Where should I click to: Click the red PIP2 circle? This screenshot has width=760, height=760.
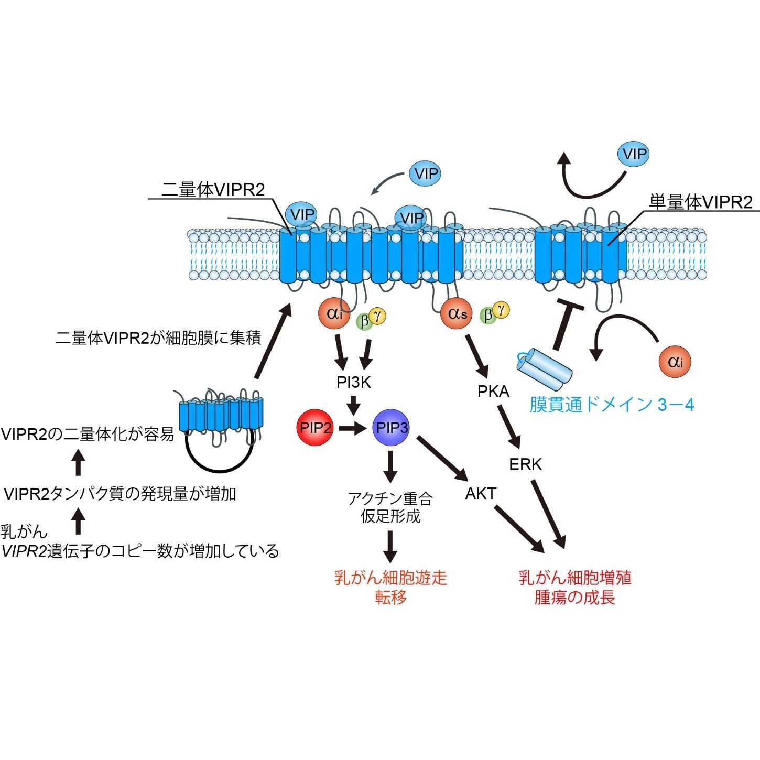[x=315, y=428]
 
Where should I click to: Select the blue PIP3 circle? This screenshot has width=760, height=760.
[x=391, y=428]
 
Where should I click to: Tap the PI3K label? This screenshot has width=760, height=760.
[x=354, y=383]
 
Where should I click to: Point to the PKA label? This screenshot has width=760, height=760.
[x=493, y=392]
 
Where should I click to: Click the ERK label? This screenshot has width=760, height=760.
[x=525, y=464]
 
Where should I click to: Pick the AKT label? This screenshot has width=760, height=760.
[x=481, y=494]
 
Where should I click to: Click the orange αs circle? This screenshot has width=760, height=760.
[x=457, y=314]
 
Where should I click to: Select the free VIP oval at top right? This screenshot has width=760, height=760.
[x=634, y=154]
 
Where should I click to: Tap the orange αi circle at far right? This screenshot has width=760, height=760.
[x=675, y=362]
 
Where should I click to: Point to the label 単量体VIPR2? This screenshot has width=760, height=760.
[x=700, y=202]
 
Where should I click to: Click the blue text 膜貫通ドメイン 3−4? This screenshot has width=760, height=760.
[x=611, y=405]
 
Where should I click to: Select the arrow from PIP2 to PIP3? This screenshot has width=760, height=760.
[x=352, y=428]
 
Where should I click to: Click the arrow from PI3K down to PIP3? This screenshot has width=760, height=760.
[x=354, y=405]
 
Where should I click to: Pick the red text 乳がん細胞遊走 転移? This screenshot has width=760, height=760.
[x=390, y=588]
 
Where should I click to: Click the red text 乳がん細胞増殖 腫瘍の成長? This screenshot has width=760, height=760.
[x=575, y=588]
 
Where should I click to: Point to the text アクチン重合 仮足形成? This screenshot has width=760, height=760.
[x=390, y=507]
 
